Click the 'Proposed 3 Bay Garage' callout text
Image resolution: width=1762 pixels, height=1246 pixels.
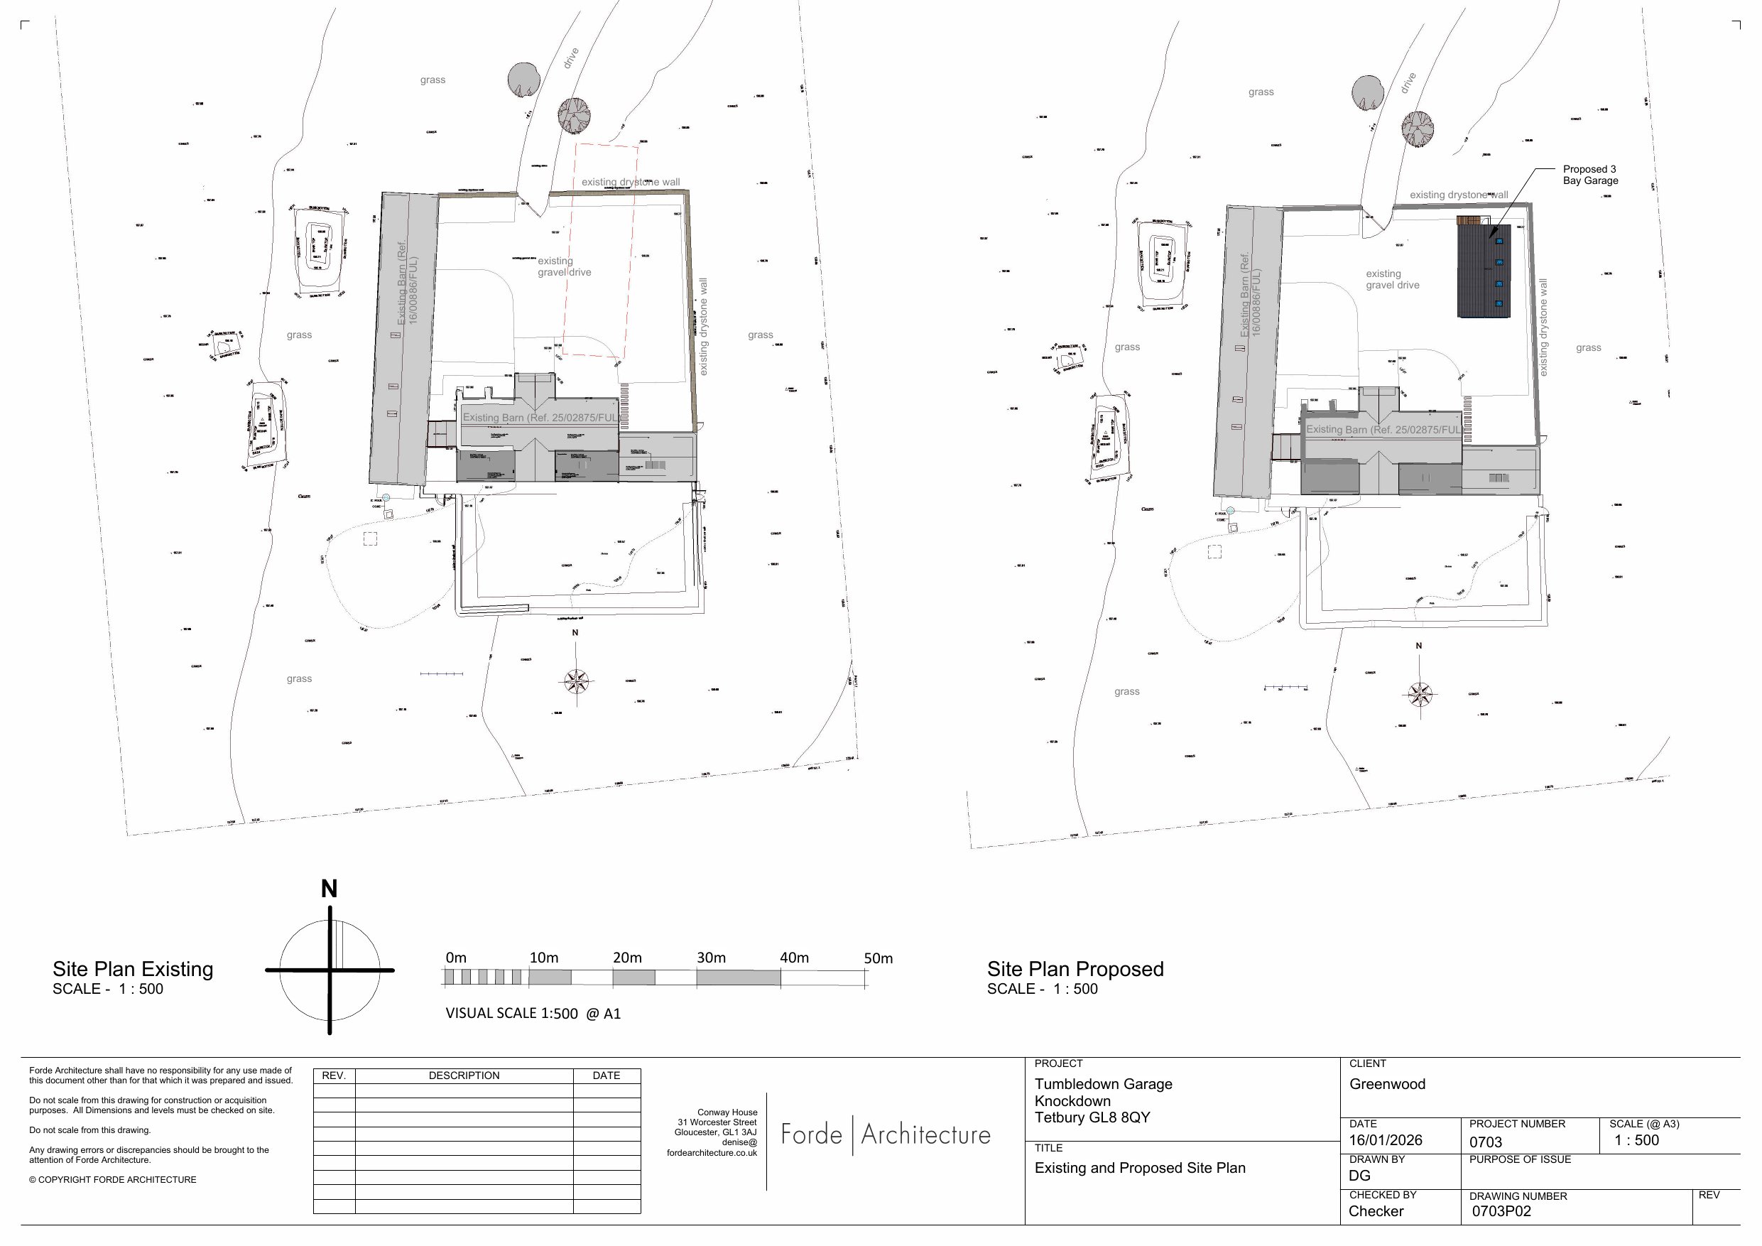(1589, 175)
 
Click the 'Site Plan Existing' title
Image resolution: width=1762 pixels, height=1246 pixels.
(133, 969)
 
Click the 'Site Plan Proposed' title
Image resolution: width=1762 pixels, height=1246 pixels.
(1075, 969)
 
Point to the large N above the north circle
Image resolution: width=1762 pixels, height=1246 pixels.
(330, 889)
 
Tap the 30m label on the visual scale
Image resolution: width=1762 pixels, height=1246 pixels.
(711, 958)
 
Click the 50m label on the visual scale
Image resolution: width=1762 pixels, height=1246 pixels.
(878, 958)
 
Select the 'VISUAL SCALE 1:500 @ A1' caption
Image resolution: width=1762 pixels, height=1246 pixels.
(533, 1014)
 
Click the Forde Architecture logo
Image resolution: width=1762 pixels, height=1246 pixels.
(886, 1134)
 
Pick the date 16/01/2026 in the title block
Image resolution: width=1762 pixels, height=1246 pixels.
(1385, 1140)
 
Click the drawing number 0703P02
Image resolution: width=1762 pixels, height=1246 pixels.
(1501, 1211)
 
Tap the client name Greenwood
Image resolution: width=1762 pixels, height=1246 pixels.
(1387, 1084)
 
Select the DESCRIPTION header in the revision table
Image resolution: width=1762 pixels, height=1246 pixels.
(464, 1076)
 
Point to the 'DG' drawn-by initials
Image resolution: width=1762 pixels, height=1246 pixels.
(1359, 1176)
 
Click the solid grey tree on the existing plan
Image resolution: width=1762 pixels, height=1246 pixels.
(524, 79)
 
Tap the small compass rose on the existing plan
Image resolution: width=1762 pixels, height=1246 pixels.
(577, 681)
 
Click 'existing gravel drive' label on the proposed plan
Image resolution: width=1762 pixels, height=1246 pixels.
(1392, 279)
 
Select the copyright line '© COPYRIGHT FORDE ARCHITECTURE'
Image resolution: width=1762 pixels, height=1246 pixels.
(113, 1180)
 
